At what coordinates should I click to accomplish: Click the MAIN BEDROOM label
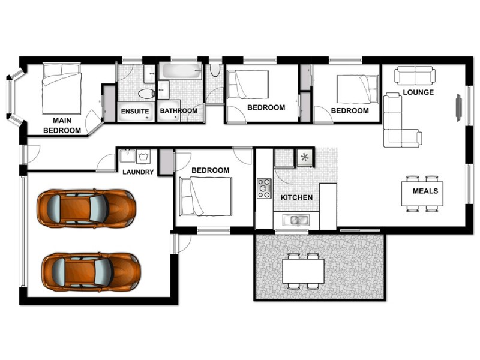[62, 125]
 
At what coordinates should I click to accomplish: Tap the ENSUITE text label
[135, 111]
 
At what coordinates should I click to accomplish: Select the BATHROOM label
[178, 111]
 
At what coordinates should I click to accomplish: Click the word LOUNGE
[418, 92]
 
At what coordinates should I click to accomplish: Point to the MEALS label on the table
[425, 191]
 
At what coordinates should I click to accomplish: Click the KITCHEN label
[296, 197]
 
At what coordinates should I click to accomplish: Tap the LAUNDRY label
[138, 172]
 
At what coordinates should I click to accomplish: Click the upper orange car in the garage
[86, 208]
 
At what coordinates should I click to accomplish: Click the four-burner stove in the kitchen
[265, 188]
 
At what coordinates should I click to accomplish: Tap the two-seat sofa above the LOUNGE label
[415, 76]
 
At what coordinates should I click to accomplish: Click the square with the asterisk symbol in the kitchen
[305, 158]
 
